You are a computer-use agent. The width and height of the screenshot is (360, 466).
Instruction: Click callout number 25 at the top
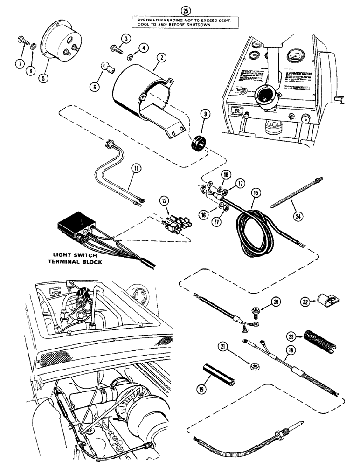tap(175, 9)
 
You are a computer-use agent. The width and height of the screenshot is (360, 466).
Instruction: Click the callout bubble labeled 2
tap(161, 58)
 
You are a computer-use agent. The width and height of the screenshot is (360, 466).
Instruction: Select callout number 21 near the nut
tap(224, 346)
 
